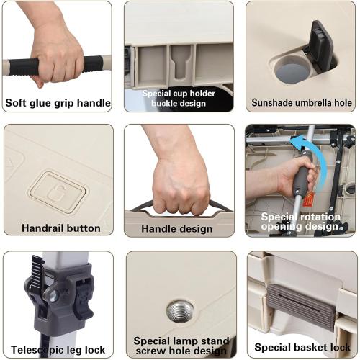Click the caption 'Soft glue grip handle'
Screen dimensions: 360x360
point(58,103)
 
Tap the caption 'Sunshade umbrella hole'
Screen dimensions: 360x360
point(302,103)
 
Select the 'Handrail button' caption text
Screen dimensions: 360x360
point(61,228)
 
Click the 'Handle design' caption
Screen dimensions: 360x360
point(177,228)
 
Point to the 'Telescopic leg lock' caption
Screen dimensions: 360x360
point(58,350)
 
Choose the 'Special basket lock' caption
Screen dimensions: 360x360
point(302,347)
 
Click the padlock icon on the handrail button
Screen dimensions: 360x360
point(57,192)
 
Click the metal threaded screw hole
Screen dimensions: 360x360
point(180,311)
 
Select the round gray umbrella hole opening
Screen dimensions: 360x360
point(292,71)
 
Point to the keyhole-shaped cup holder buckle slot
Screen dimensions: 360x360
point(181,63)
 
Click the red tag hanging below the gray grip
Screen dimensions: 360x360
point(308,199)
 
